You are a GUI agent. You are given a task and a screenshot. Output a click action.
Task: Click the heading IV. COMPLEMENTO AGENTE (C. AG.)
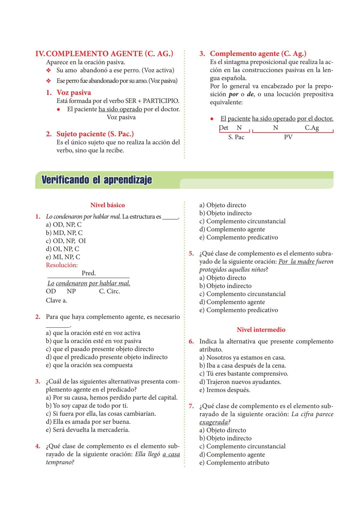104,54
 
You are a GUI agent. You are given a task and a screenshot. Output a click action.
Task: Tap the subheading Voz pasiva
73,93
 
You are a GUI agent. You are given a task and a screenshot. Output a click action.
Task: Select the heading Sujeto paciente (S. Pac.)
95,134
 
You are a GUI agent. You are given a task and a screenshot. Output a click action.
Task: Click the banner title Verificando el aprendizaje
97,180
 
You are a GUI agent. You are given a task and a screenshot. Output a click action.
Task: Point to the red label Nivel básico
107,205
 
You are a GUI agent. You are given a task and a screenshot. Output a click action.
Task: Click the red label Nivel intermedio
261,330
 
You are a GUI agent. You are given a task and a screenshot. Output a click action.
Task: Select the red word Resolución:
62,265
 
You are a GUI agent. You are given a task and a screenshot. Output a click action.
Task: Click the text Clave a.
56,300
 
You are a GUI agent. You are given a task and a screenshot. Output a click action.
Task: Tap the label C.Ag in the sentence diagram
312,128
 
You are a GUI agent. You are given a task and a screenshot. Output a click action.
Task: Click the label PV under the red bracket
288,137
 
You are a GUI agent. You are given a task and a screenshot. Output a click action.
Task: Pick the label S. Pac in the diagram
236,137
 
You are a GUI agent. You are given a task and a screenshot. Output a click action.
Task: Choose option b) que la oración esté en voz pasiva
93,341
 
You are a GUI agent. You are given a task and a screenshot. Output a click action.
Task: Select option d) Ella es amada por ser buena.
88,422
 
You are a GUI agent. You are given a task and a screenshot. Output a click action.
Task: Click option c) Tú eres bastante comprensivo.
244,374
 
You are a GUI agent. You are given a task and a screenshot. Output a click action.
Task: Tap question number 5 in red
191,254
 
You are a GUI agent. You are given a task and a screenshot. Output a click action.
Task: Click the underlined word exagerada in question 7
214,422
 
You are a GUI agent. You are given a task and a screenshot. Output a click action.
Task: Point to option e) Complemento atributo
234,463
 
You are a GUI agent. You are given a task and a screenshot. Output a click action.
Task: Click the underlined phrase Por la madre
296,262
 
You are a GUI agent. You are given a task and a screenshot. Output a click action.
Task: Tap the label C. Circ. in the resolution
109,291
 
